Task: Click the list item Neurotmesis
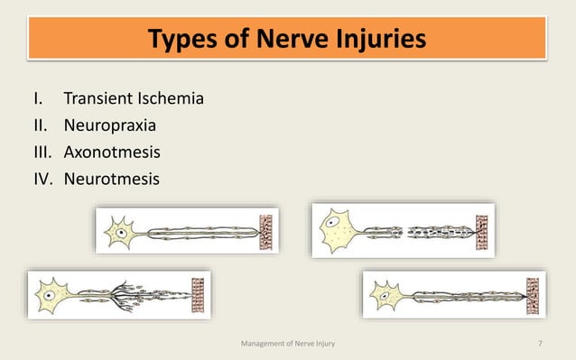[111, 179]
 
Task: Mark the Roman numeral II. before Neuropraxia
[41, 125]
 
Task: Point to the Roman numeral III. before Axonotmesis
[42, 152]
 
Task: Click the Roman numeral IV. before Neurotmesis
[44, 179]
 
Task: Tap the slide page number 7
[539, 343]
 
